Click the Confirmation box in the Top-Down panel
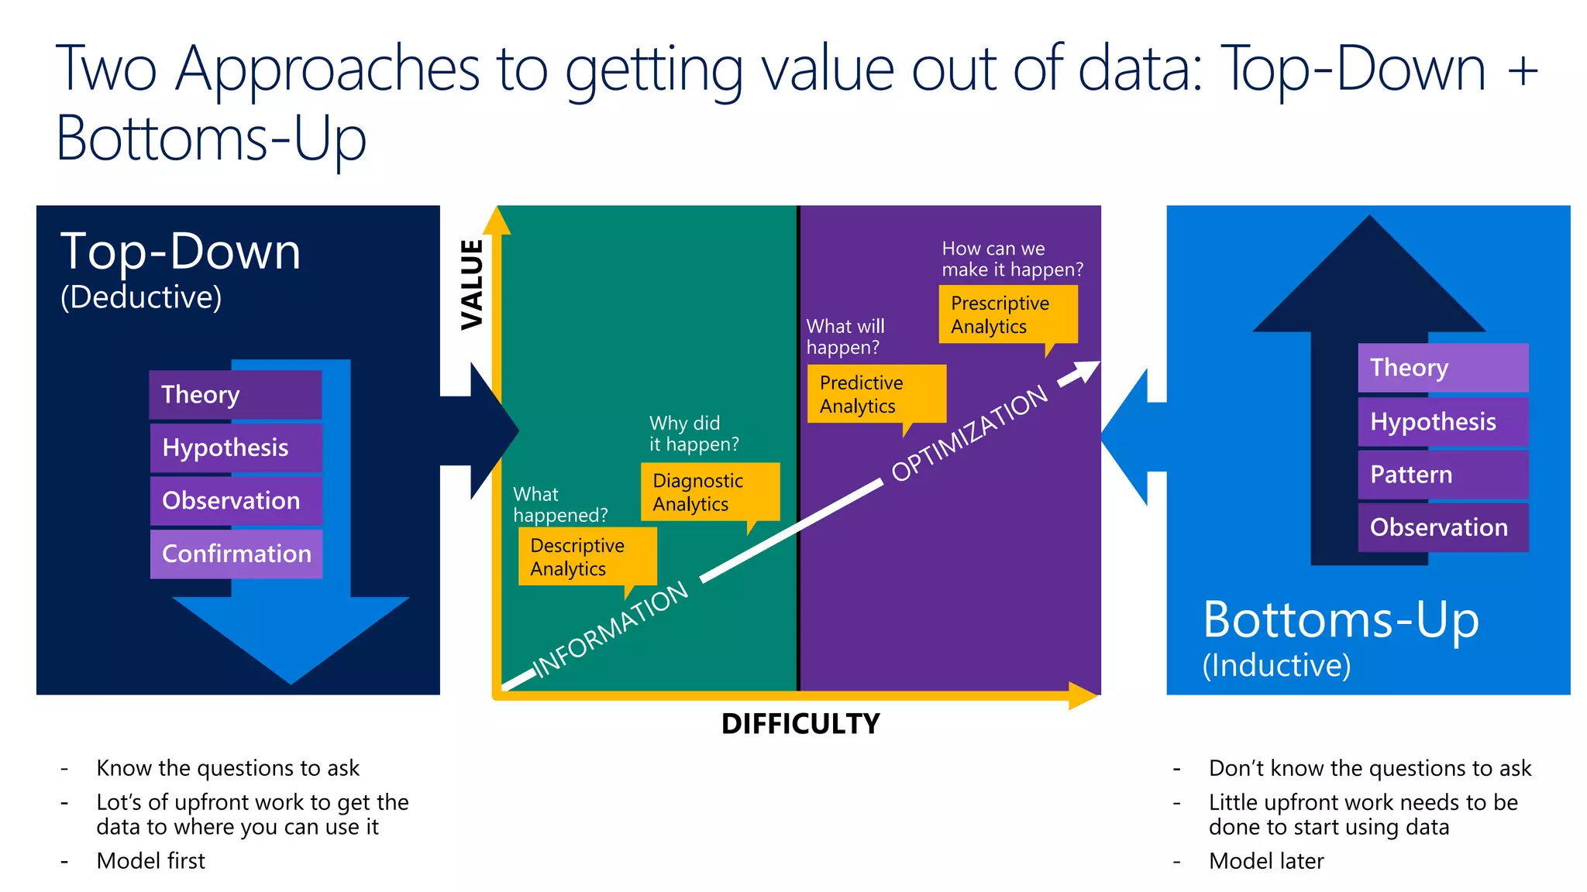coord(236,554)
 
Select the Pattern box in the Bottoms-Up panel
coord(1443,474)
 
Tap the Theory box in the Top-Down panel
coord(235,394)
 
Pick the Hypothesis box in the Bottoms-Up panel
coord(1443,421)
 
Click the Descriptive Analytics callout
coord(587,557)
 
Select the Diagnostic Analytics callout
coord(710,492)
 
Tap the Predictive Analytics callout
coord(876,394)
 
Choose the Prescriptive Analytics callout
coord(1007,314)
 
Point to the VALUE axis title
coord(472,285)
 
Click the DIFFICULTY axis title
coord(800,724)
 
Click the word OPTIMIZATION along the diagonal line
coord(969,434)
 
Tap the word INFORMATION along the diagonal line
coord(611,629)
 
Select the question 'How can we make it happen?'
coord(1011,259)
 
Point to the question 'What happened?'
coord(559,505)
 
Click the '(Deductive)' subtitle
coord(141,297)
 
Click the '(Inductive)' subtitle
coord(1276,665)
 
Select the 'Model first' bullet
coord(150,860)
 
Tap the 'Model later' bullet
coord(1266,860)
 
